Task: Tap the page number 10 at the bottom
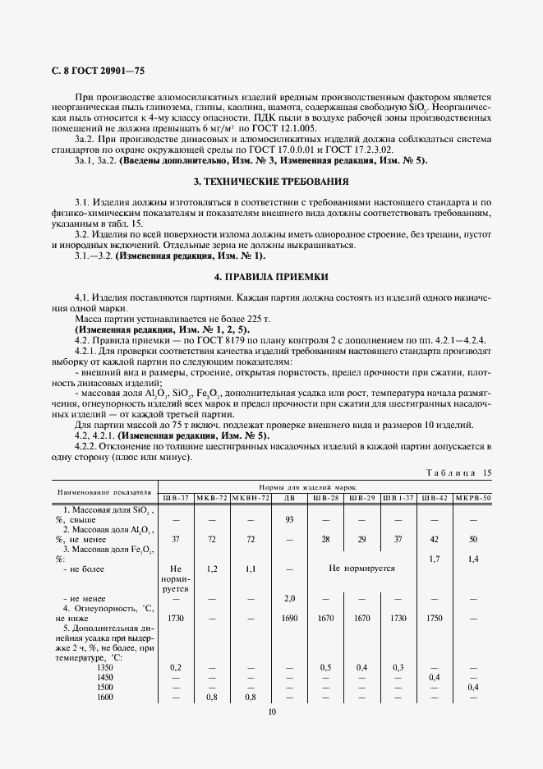pos(271,712)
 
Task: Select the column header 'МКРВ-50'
pos(473,498)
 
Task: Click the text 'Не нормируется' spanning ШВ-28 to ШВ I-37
pos(361,569)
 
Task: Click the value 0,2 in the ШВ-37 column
pos(176,667)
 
